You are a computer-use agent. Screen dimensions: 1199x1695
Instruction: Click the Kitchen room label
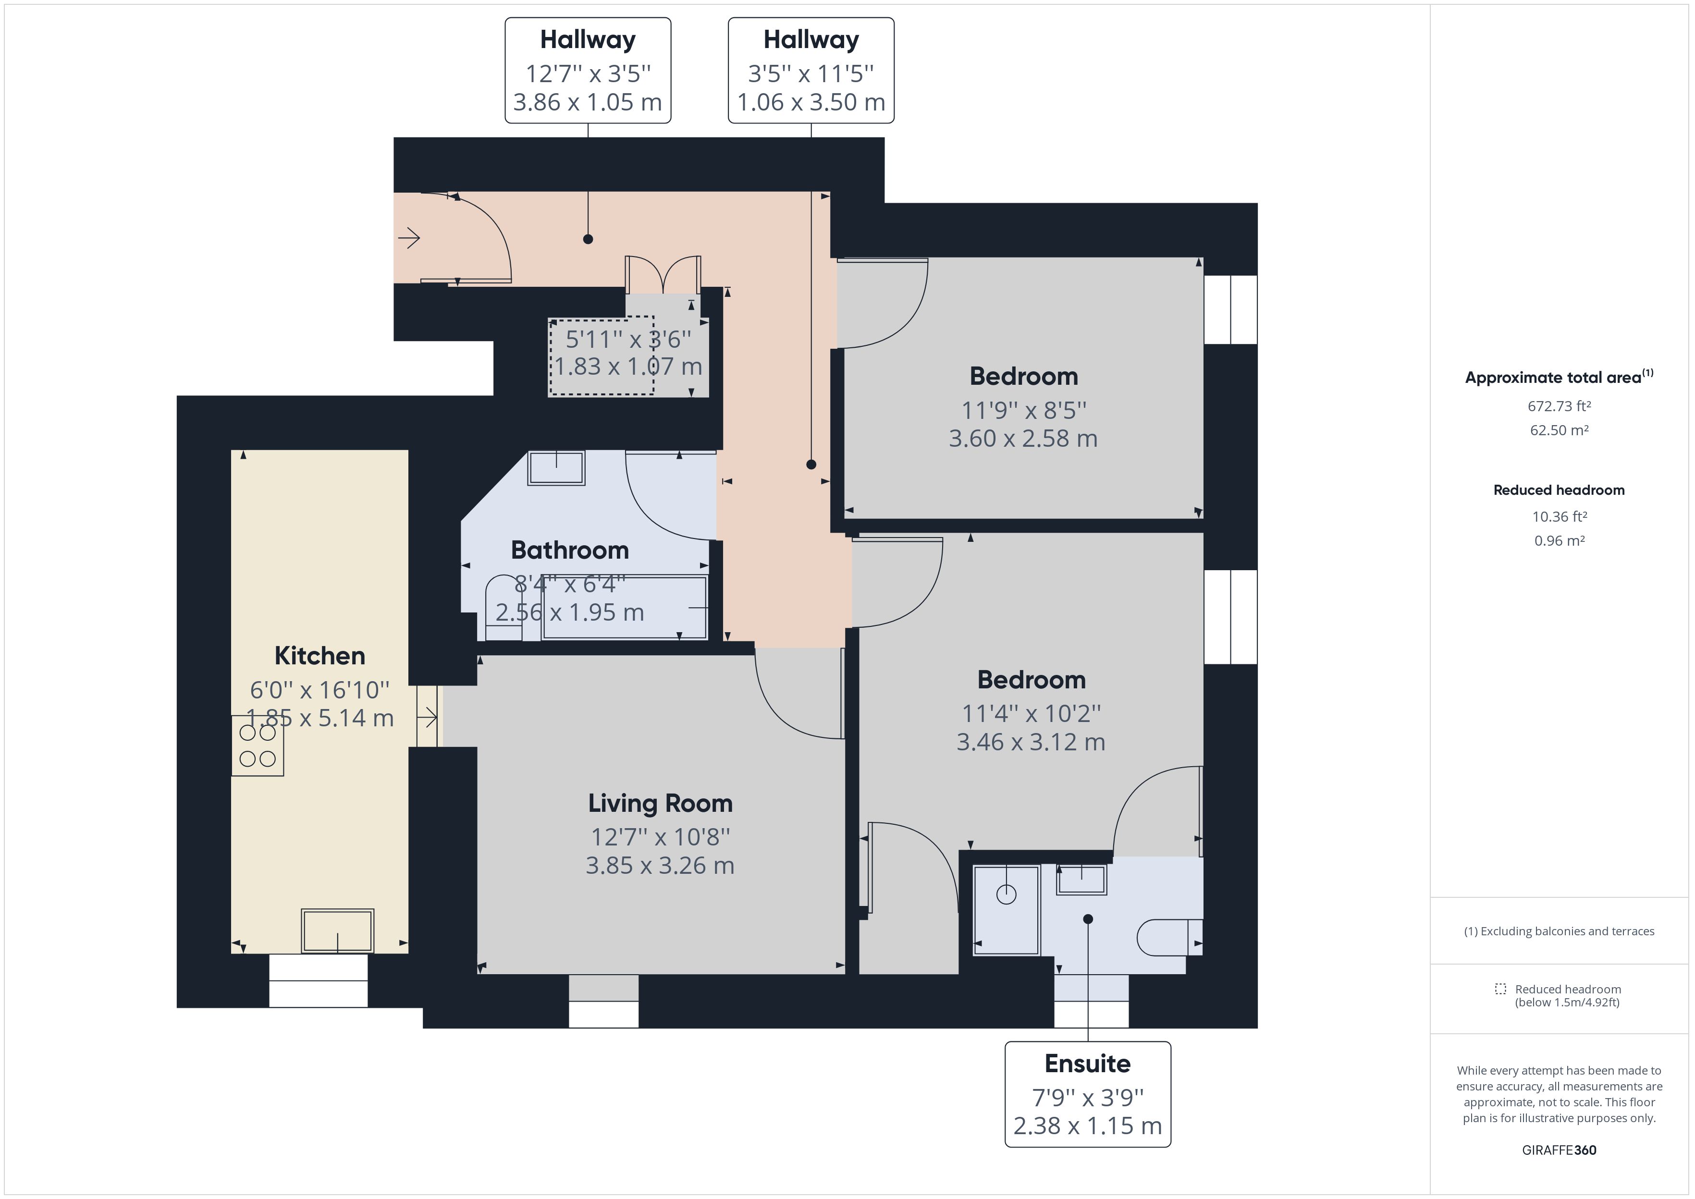pos(319,656)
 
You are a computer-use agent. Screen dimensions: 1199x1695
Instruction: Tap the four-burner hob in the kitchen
pos(257,746)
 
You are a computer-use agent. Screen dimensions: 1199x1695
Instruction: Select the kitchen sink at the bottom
pos(337,931)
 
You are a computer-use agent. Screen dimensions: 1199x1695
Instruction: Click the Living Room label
pos(660,803)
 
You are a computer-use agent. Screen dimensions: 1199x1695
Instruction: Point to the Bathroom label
pos(569,550)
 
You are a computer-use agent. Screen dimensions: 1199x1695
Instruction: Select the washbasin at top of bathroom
pos(556,468)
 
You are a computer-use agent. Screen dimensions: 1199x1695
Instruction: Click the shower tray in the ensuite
pos(1006,910)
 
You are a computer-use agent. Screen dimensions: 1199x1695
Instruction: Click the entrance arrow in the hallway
pos(409,238)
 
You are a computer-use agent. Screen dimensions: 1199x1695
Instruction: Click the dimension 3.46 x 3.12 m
pos(1031,742)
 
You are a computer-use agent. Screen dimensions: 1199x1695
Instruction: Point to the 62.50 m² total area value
pos(1559,430)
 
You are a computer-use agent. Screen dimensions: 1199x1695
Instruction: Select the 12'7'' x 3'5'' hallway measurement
pos(588,74)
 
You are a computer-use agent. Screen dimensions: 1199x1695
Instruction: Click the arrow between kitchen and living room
pos(428,717)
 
